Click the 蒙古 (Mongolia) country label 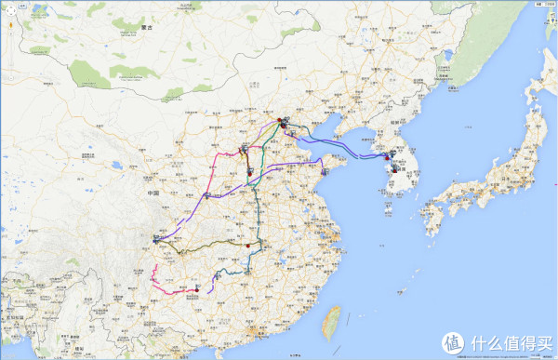pyautogui.click(x=145, y=28)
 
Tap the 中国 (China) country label pyautogui.click(x=153, y=193)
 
